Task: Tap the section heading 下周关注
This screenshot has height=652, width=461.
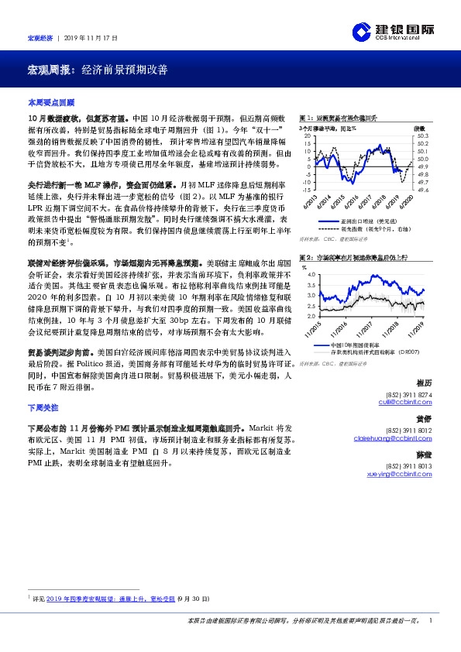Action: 43,407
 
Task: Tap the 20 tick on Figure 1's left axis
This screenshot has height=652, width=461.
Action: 308,136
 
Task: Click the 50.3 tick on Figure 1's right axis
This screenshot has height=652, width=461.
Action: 422,136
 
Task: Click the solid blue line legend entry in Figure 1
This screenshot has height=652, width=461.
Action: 353,221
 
